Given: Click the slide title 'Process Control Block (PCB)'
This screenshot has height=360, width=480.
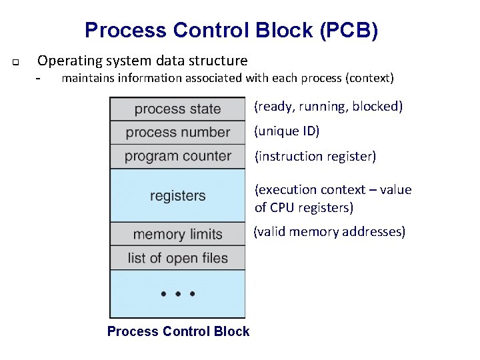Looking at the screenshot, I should pyautogui.click(x=231, y=31).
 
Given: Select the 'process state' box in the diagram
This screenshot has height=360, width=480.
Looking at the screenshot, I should pyautogui.click(x=177, y=109).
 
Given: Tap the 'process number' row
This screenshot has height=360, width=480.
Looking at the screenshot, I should pyautogui.click(x=177, y=133).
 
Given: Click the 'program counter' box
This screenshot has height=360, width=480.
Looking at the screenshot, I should pyautogui.click(x=177, y=157).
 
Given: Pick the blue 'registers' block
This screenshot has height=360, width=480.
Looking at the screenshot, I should pyautogui.click(x=177, y=196).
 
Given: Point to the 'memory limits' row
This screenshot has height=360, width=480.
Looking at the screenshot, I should pyautogui.click(x=177, y=234).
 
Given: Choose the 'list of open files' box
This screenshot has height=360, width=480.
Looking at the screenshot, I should pyautogui.click(x=177, y=258).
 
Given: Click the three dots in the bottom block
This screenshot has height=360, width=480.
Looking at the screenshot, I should pyautogui.click(x=177, y=293).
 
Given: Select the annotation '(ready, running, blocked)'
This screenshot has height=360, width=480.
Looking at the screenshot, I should pyautogui.click(x=329, y=107).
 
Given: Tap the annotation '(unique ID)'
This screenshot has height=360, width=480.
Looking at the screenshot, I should pyautogui.click(x=287, y=131).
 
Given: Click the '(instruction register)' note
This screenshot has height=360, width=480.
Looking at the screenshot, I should pyautogui.click(x=315, y=157).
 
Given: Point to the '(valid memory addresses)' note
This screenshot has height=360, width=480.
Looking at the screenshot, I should pyautogui.click(x=329, y=232).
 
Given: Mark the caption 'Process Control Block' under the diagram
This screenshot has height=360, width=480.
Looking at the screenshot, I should pyautogui.click(x=178, y=331).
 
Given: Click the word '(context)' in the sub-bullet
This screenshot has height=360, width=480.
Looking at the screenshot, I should pyautogui.click(x=369, y=79).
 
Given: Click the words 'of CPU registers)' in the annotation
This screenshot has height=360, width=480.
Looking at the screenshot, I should pyautogui.click(x=304, y=207).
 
